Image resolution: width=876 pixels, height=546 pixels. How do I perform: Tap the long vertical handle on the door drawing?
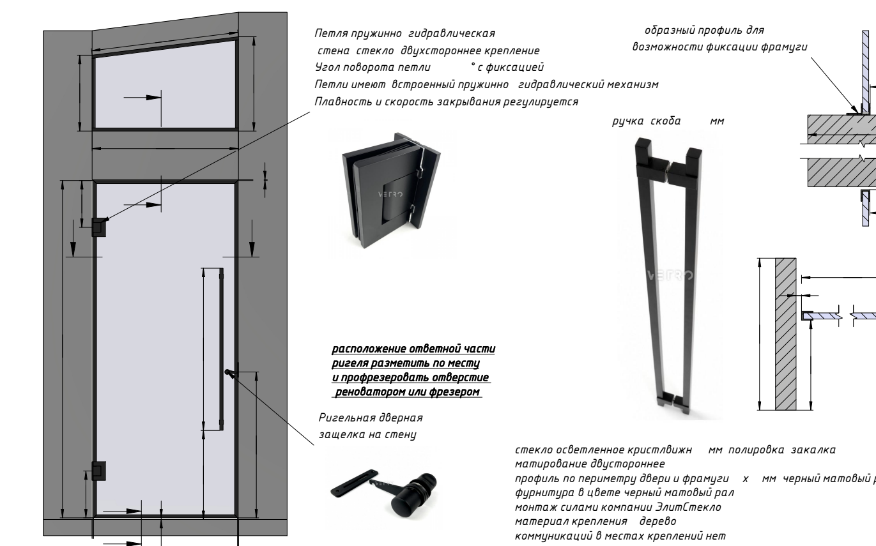point(222,345)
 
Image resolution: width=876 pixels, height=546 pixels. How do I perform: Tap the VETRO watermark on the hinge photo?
point(387,193)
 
